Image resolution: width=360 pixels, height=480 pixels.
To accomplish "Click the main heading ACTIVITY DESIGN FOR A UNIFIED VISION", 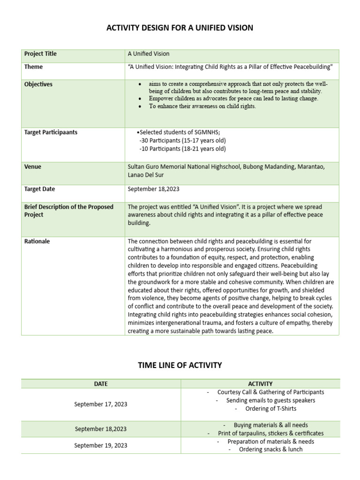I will tap(180, 28).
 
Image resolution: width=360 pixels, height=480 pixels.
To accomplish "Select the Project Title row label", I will tap(40, 54).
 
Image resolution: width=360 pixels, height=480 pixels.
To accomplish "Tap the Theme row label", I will tap(33, 67).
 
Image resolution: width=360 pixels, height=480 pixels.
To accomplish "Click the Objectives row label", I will tap(38, 84).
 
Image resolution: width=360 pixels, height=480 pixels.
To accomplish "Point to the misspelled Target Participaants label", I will tap(51, 132).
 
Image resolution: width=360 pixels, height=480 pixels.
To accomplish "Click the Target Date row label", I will tap(39, 189).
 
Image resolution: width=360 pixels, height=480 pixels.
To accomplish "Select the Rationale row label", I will tap(37, 241).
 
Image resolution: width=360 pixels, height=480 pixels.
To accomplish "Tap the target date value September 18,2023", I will tap(153, 189).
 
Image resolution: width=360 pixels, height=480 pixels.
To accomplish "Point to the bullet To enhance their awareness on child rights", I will tap(202, 106).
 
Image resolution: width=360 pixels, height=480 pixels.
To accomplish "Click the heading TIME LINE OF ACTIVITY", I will tap(180, 365).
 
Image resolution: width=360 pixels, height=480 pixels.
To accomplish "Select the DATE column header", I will tap(101, 383).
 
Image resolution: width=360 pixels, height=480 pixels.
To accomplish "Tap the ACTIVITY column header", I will tap(261, 383).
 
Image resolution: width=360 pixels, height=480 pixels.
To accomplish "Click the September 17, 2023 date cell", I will tap(101, 404).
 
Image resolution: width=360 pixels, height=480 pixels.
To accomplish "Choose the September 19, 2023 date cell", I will tap(101, 445).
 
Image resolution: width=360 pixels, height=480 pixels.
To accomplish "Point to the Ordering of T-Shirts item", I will tap(265, 409).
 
